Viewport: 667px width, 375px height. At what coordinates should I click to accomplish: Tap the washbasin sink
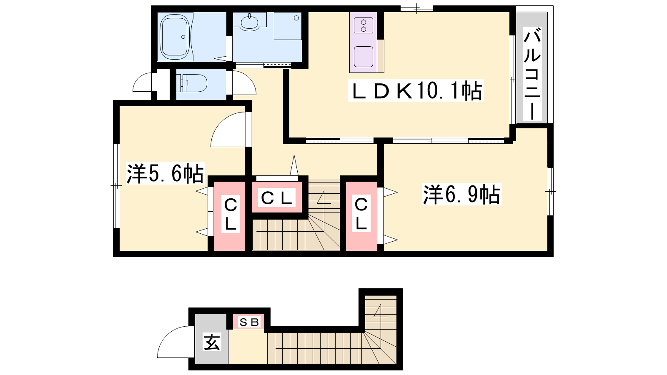(x=249, y=22)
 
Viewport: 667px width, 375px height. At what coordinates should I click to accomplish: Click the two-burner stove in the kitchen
(x=363, y=25)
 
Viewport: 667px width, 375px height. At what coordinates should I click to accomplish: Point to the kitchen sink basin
(x=363, y=57)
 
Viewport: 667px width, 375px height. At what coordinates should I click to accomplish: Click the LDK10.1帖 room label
(x=415, y=91)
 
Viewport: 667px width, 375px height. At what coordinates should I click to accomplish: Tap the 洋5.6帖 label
(x=165, y=173)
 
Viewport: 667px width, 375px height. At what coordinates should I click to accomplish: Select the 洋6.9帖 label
(x=462, y=194)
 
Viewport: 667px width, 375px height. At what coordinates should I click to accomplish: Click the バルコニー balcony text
(x=532, y=73)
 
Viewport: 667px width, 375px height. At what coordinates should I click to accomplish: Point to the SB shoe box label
(x=248, y=322)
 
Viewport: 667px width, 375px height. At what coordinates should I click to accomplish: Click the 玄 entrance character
(x=212, y=342)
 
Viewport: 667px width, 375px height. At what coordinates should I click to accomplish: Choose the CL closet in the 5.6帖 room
(x=230, y=215)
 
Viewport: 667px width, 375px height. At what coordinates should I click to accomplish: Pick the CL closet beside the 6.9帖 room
(x=361, y=215)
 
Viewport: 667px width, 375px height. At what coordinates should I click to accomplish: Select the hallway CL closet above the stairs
(x=277, y=197)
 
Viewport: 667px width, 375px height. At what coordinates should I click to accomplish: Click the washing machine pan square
(x=288, y=25)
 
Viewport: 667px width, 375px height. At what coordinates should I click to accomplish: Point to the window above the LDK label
(x=416, y=9)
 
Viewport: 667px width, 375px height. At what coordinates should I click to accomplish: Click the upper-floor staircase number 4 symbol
(x=323, y=198)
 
